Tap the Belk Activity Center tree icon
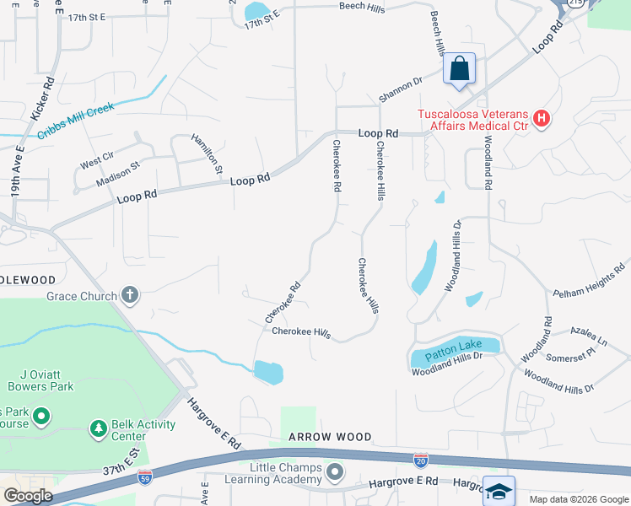[100, 430]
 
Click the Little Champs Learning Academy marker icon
[336, 471]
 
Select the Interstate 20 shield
[421, 460]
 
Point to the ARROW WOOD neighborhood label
[330, 437]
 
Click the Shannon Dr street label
[400, 90]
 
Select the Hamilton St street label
[207, 153]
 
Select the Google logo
[28, 496]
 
